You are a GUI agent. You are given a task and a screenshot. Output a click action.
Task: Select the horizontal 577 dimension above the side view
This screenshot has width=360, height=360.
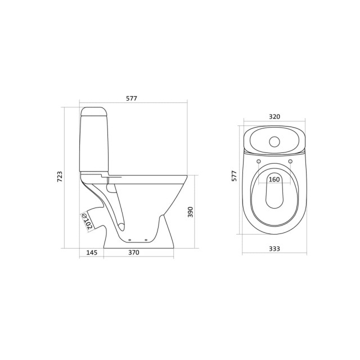131,98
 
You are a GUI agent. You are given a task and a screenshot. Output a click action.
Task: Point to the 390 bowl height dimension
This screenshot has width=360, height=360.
191,211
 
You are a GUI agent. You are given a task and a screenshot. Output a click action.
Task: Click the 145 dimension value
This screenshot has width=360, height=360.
92,253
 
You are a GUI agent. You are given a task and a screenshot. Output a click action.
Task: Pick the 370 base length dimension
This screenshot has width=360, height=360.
133,253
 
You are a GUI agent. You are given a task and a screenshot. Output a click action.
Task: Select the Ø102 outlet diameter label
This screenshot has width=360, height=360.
87,220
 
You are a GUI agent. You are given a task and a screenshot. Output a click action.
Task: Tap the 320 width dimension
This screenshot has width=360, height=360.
274,117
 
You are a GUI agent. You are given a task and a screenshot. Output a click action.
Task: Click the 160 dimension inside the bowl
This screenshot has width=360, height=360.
274,179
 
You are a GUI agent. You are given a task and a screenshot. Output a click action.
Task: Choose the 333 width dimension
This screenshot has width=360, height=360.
274,249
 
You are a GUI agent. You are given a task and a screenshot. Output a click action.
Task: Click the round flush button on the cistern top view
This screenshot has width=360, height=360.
274,141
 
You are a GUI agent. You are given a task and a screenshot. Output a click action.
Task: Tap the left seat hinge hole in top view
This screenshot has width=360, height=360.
259,162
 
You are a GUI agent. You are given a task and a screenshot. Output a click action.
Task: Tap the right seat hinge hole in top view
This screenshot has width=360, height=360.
290,162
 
